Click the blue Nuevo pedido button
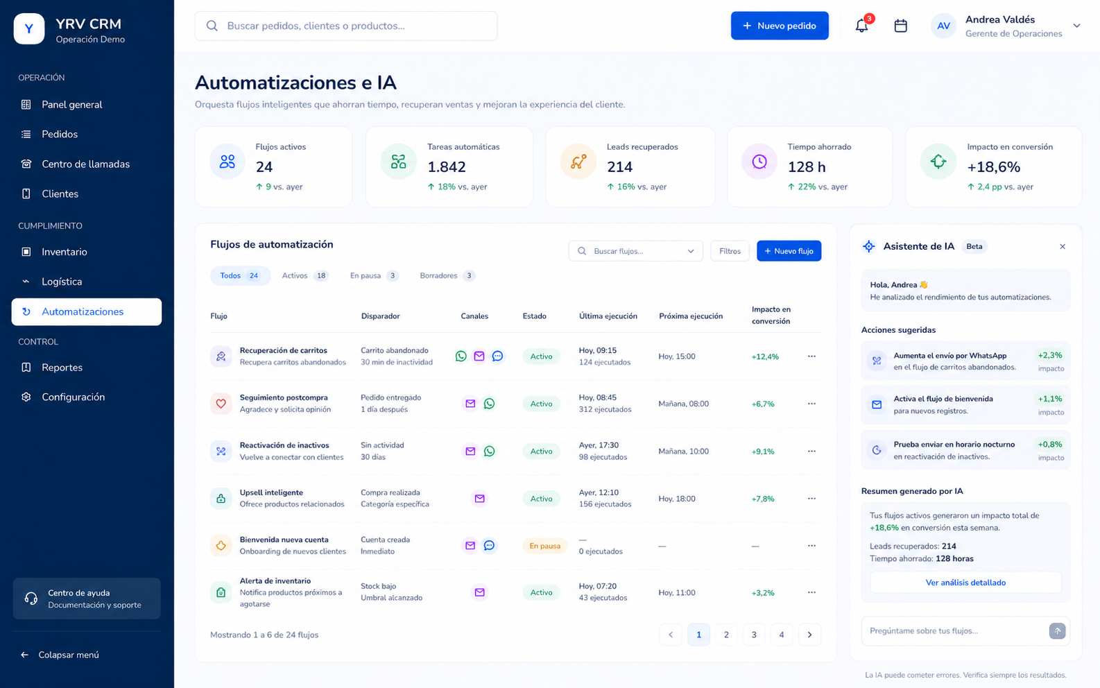(x=780, y=26)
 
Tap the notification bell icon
(x=861, y=26)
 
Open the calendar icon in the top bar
(x=900, y=26)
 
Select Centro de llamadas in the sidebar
(x=86, y=164)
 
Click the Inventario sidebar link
(x=64, y=252)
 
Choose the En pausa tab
(x=374, y=275)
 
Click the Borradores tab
(x=447, y=275)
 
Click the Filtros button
(x=730, y=251)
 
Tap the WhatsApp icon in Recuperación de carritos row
(x=461, y=356)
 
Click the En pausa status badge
(x=544, y=546)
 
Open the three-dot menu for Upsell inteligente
(x=811, y=499)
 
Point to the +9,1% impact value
(x=763, y=452)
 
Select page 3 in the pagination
(x=754, y=635)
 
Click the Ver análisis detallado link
(x=965, y=583)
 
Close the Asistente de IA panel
(x=1062, y=246)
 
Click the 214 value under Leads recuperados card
(x=619, y=167)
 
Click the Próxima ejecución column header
(x=690, y=316)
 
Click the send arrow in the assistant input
(x=1057, y=630)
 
